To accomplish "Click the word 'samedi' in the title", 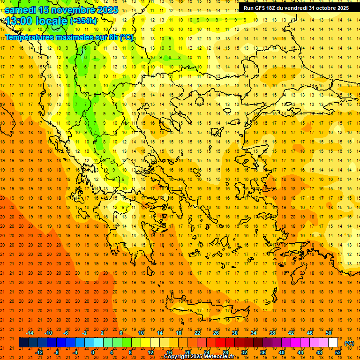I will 21,10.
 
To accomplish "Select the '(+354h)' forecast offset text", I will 83,21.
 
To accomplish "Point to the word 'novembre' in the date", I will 75,10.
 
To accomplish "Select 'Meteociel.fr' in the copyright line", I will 218,357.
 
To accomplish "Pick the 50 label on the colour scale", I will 329,333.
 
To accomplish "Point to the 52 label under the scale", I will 337,352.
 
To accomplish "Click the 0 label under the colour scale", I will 93,352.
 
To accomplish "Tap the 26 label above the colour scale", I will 216,333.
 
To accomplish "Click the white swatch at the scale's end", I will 333,343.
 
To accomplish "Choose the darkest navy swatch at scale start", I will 23,343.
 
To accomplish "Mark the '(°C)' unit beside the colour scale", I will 349,343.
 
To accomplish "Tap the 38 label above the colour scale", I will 272,333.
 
